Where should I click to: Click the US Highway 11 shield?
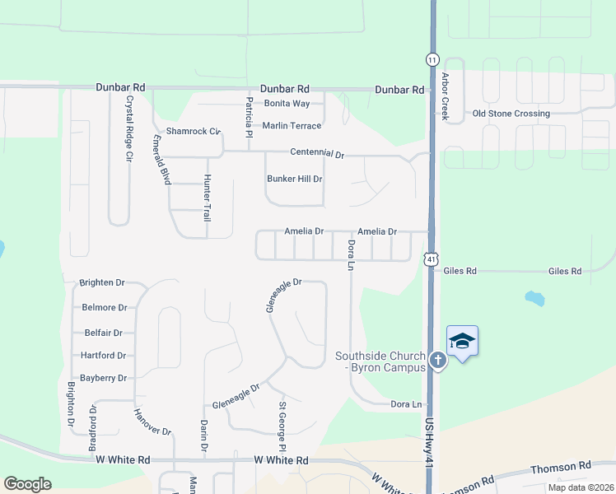(x=432, y=59)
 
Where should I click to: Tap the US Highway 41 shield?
(x=432, y=259)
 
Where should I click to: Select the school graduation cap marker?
(x=462, y=342)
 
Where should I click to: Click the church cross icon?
(x=438, y=360)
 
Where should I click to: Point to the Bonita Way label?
(x=287, y=104)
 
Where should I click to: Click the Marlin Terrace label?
(x=292, y=126)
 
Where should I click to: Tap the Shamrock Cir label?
(x=194, y=131)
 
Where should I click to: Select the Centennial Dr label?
(x=316, y=153)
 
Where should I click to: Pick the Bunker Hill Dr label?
(x=294, y=179)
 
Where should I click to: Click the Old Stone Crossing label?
(x=511, y=114)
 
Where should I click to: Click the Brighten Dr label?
(x=102, y=282)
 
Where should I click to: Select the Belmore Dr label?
(x=105, y=308)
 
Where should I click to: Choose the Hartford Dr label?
(x=104, y=356)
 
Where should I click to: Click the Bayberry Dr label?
(x=104, y=379)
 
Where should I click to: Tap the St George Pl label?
(x=282, y=426)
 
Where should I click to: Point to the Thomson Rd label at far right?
(x=562, y=468)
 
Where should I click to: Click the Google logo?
(x=27, y=484)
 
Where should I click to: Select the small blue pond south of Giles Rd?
(x=534, y=297)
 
